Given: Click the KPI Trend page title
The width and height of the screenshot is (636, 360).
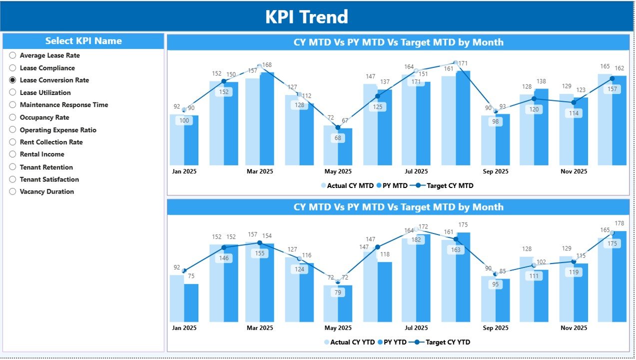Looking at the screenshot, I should click(x=306, y=17).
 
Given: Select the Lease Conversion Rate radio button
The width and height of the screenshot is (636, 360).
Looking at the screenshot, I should click(x=13, y=80).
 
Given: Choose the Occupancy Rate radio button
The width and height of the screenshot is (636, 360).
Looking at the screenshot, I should click(x=13, y=117).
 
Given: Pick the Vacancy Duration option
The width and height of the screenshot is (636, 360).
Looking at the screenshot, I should click(x=46, y=191).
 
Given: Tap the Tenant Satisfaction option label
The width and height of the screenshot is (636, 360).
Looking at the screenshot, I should click(x=49, y=179).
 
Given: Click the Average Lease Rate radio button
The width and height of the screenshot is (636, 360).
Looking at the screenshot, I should click(x=13, y=55).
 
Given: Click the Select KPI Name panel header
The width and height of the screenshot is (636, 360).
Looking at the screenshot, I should click(x=83, y=41).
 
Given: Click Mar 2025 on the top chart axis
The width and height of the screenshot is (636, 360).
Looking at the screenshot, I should click(x=259, y=171).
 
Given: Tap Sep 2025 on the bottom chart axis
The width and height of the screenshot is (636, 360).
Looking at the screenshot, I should click(x=495, y=328).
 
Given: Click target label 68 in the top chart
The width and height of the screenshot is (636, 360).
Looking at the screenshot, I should click(x=338, y=138).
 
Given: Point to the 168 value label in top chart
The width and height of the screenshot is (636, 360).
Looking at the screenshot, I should click(x=267, y=65).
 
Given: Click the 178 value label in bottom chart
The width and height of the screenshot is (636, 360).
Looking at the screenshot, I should click(x=620, y=223).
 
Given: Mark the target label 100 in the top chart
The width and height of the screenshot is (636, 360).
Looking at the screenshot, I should click(x=184, y=120).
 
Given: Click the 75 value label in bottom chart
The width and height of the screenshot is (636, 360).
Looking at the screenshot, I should click(x=191, y=276).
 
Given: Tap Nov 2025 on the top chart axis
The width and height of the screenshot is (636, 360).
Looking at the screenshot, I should click(x=574, y=171).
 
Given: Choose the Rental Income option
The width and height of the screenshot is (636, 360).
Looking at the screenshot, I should click(x=42, y=154).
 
